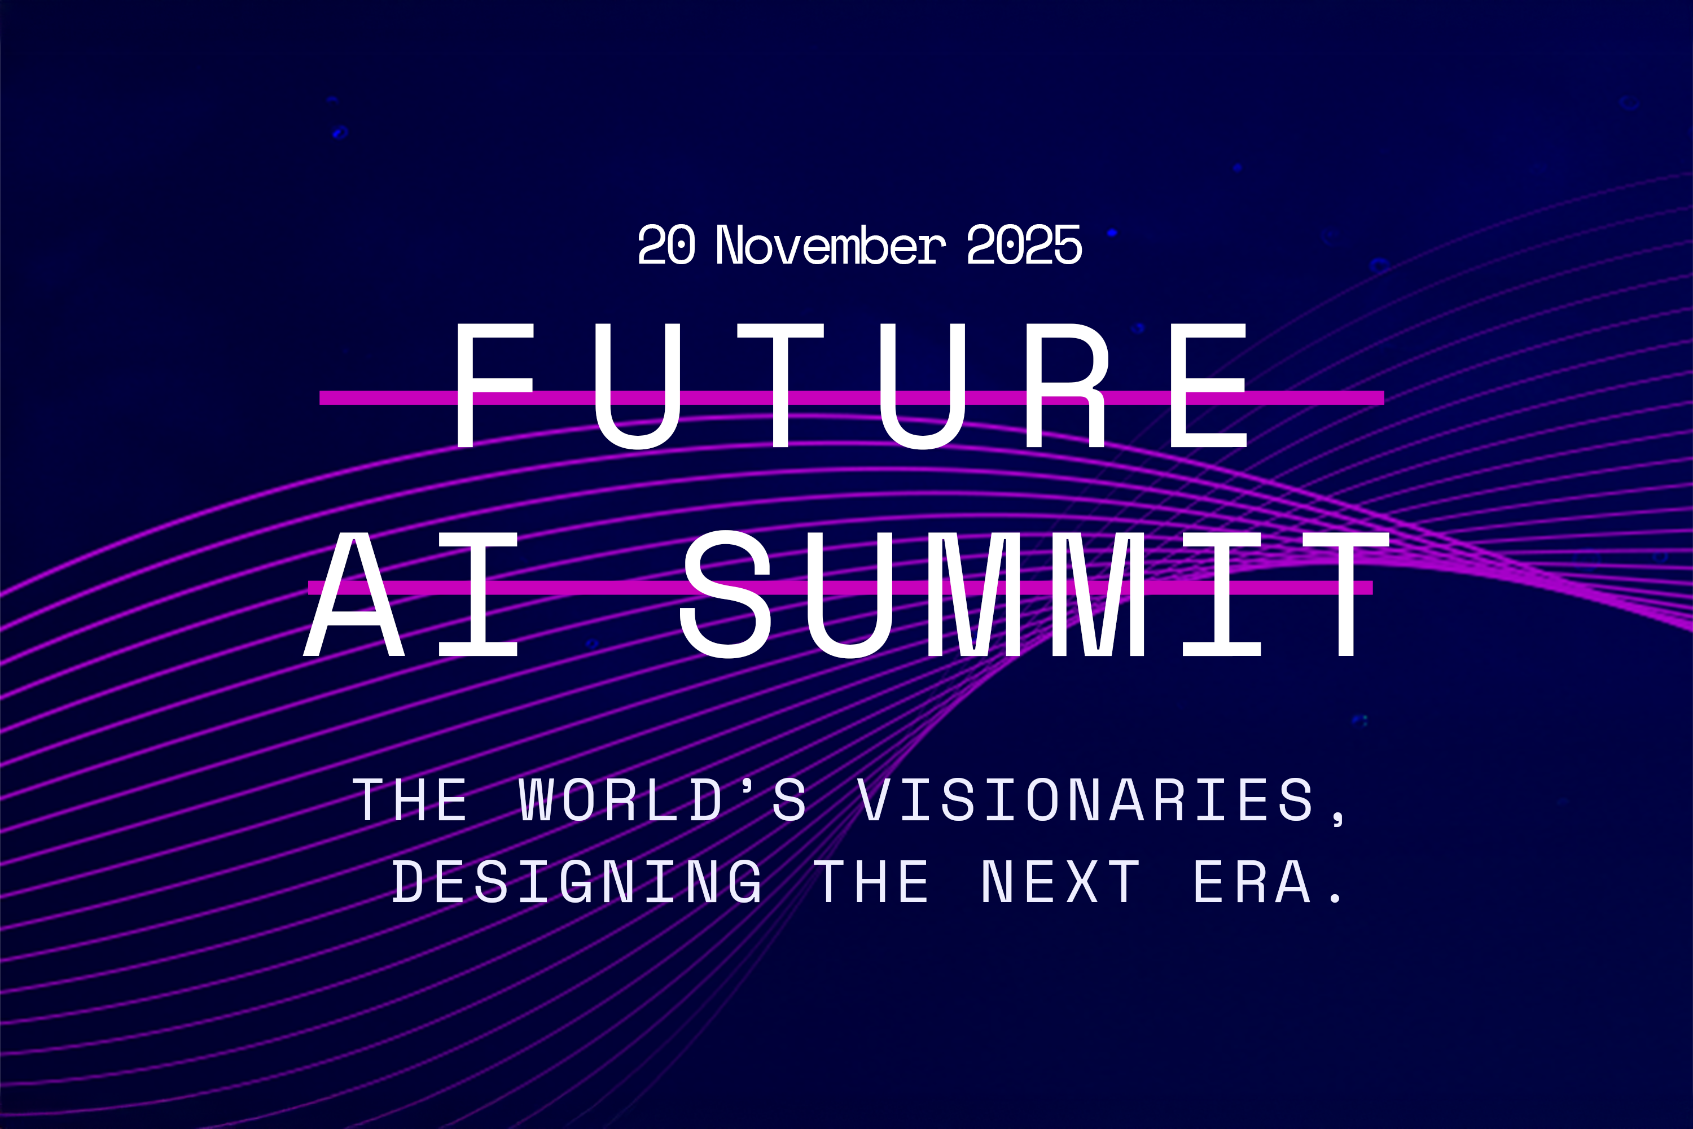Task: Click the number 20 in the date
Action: point(666,245)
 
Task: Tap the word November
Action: point(830,245)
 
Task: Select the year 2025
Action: point(1024,245)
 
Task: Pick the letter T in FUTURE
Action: point(781,385)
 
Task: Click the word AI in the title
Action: point(410,594)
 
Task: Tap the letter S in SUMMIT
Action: point(726,594)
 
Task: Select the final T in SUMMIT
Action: point(1346,594)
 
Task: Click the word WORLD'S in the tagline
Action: point(662,799)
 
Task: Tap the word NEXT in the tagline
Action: point(1061,881)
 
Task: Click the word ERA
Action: point(1252,881)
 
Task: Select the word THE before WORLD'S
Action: point(410,799)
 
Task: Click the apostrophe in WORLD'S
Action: point(748,785)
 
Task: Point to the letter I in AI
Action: point(479,594)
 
